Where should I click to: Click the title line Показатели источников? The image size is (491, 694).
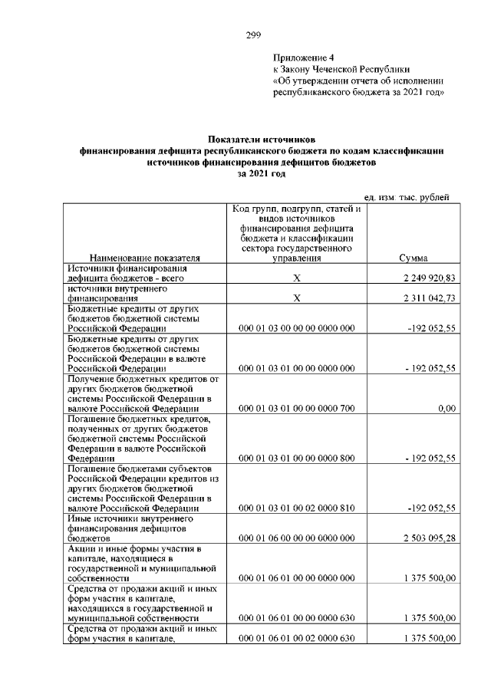262,140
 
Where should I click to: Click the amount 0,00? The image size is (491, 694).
447,409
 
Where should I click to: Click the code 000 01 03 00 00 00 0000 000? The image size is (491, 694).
296,328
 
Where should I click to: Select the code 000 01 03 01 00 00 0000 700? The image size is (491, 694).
296,409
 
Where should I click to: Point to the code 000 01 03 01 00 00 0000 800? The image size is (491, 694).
296,459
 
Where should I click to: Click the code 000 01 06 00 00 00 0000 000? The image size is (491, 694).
296,538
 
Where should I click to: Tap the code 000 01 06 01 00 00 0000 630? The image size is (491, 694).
296,618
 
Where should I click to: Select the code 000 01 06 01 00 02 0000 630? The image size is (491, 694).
296,638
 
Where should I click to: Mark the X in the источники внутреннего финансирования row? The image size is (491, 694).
296,298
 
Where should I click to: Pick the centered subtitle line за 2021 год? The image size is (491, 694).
262,174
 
